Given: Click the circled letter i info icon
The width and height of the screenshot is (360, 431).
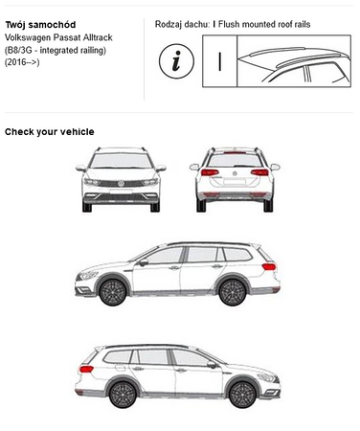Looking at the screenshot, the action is (x=176, y=61).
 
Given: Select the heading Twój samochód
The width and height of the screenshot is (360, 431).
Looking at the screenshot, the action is (x=40, y=25).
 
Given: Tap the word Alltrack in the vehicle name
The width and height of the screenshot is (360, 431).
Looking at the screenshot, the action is (x=98, y=37).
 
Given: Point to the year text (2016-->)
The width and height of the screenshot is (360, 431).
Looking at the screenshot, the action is (x=22, y=62).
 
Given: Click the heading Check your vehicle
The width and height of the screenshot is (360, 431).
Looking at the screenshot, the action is (x=50, y=132).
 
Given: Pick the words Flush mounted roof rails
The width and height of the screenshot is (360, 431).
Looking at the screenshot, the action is (x=264, y=24).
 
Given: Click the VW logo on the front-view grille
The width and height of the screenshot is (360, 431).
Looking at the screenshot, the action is (x=121, y=184).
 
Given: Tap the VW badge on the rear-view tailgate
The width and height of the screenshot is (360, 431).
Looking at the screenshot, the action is (x=235, y=173).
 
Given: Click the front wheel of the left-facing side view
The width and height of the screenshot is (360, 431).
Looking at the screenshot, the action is (x=113, y=291).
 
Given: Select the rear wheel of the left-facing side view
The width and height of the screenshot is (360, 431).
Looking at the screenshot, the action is (x=233, y=292).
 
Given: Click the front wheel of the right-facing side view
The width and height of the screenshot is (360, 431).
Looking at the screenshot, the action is (x=242, y=395).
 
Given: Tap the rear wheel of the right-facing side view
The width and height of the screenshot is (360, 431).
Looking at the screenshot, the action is (x=123, y=395).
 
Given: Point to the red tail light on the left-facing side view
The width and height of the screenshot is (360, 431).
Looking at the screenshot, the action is (x=269, y=266).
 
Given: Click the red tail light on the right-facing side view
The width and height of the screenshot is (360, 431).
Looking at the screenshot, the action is (x=86, y=370).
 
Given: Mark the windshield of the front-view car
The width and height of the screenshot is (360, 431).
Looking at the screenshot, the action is (x=121, y=161).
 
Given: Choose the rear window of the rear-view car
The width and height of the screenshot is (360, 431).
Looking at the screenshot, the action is (x=235, y=160).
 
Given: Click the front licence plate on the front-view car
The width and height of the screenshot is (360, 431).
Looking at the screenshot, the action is (x=121, y=192).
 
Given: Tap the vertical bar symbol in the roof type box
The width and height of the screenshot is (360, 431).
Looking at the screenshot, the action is (x=220, y=61).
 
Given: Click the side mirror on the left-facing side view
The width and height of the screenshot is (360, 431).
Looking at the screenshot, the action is (x=144, y=262).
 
